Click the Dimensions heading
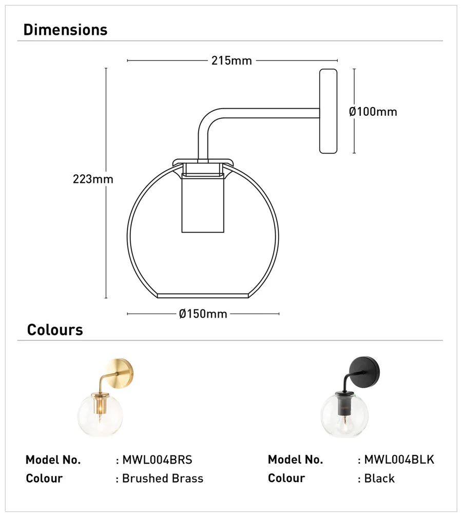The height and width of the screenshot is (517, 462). (65, 30)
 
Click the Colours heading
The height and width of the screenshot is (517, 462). (55, 329)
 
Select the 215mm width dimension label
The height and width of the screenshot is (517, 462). (232, 60)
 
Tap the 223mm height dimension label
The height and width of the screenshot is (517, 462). (93, 179)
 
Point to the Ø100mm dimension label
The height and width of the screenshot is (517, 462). (373, 111)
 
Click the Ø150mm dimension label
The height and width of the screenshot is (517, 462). (203, 314)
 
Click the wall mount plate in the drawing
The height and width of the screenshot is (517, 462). (329, 111)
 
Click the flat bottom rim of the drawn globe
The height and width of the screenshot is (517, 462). (203, 295)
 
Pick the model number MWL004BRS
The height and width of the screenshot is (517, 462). (157, 460)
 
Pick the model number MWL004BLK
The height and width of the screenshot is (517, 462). (399, 460)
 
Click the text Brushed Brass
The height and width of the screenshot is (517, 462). (162, 479)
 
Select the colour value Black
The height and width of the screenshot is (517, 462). (379, 479)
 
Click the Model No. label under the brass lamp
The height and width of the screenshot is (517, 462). (53, 460)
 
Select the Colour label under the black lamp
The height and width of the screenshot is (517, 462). (286, 479)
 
